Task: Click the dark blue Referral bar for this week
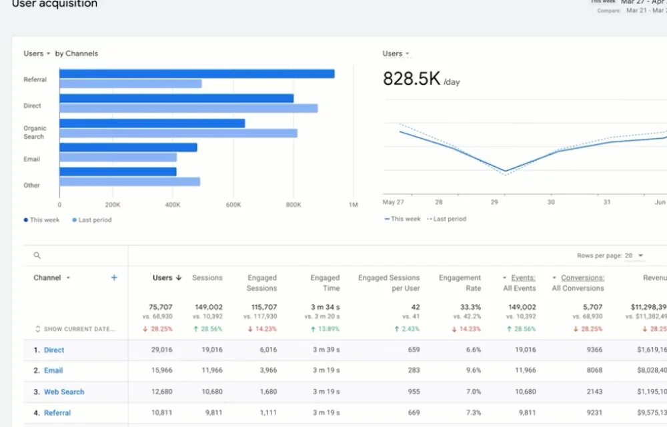[x=197, y=74]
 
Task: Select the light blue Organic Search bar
[x=178, y=133]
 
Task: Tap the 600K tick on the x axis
[x=233, y=205]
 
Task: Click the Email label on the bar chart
[x=32, y=159]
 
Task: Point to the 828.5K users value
[x=412, y=79]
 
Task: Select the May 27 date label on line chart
[x=394, y=201]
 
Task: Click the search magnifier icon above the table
[x=37, y=256]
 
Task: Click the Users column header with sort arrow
[x=167, y=278]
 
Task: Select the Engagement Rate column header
[x=460, y=283]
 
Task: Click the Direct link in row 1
[x=54, y=350]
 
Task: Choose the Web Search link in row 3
[x=64, y=392]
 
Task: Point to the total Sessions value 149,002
[x=208, y=308]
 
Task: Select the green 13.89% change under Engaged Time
[x=325, y=329]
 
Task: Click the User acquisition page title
[x=55, y=5]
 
